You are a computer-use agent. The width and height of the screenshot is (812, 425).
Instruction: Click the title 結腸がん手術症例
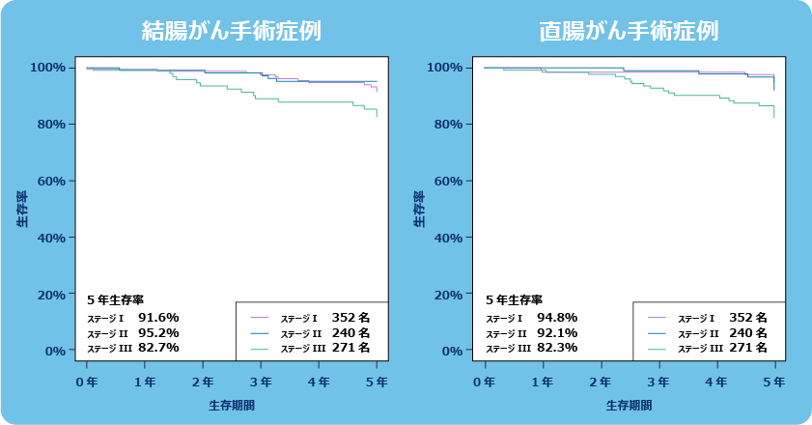tap(232, 31)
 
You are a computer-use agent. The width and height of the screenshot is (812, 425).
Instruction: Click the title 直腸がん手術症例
tap(629, 31)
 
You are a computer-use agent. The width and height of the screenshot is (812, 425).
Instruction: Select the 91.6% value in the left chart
tap(158, 317)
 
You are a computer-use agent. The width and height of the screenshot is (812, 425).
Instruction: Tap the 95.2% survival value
tap(158, 332)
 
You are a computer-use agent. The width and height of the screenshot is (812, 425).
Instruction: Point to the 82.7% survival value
tap(158, 348)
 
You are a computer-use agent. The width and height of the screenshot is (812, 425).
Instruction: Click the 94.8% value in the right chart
tap(556, 317)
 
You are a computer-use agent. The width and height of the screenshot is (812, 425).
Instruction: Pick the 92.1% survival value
tap(556, 332)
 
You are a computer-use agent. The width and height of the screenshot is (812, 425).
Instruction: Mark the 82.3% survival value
tap(556, 348)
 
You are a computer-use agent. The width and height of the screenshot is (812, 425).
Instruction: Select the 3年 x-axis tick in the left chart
tap(261, 382)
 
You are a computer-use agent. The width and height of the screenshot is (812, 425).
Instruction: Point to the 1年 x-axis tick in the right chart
tap(543, 382)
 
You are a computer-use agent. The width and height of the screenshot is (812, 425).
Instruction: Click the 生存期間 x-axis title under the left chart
tap(232, 406)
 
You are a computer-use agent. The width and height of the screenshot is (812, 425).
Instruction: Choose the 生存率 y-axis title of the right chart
tap(418, 209)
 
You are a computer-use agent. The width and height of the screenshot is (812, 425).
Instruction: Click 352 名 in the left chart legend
tap(350, 317)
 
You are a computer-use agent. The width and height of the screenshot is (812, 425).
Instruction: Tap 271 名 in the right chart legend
tap(748, 348)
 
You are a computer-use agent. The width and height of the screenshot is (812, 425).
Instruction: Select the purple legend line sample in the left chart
tap(259, 317)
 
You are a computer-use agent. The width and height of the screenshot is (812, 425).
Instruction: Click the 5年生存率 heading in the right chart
tap(514, 299)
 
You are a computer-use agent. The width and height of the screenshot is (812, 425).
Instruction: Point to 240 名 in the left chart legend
tap(350, 332)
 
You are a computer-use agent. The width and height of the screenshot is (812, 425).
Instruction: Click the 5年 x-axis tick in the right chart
tap(774, 382)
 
